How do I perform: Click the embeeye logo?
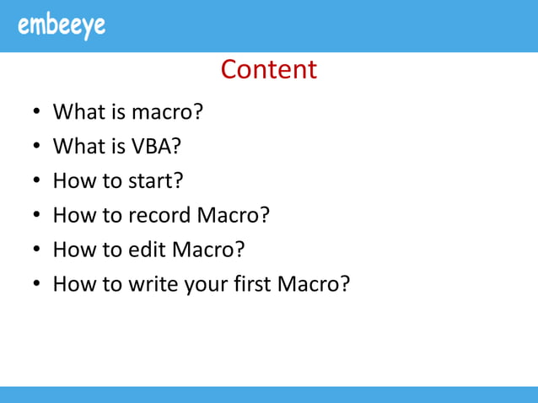point(62,25)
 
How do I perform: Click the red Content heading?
point(269,69)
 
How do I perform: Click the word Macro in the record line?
point(232,216)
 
